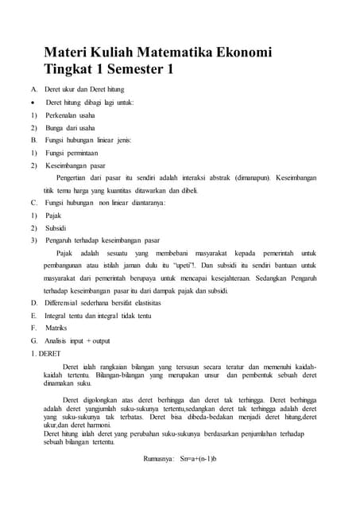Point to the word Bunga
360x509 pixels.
55,127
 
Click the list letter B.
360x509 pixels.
33,140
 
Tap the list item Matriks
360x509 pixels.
56,328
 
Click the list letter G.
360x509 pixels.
33,340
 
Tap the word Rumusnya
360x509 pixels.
158,459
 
